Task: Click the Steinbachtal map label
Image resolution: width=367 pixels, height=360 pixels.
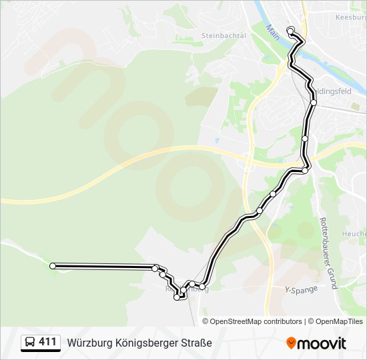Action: click(x=224, y=35)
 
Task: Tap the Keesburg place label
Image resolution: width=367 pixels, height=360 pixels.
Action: click(x=351, y=17)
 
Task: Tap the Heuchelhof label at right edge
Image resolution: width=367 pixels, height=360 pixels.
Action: click(x=354, y=234)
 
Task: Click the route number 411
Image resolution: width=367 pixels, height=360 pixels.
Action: click(x=47, y=342)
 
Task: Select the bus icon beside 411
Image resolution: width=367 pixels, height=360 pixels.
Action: click(x=30, y=343)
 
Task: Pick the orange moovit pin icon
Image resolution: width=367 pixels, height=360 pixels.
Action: click(x=292, y=343)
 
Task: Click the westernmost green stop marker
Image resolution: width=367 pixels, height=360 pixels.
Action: click(x=53, y=266)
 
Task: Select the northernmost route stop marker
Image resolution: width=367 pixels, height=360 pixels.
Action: click(x=290, y=31)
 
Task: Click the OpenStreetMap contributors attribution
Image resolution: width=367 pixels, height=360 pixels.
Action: click(x=256, y=321)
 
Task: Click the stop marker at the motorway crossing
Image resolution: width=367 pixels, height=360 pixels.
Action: click(x=305, y=171)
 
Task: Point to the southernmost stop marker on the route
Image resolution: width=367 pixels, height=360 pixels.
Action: click(x=177, y=297)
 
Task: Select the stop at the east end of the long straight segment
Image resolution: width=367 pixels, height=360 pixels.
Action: click(x=155, y=268)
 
